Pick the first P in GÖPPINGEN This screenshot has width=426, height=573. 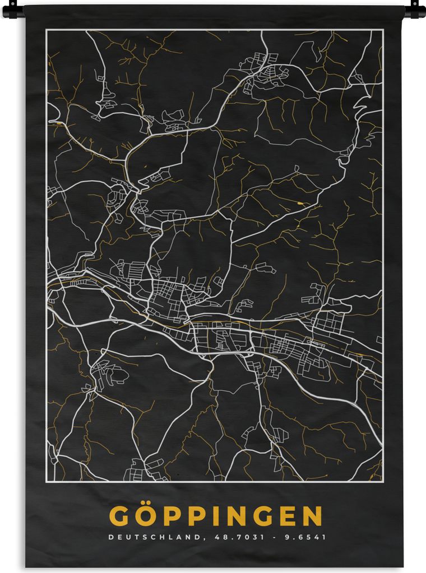point(170,516)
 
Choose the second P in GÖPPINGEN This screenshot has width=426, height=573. point(194,516)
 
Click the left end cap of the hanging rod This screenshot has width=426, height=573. point(12,9)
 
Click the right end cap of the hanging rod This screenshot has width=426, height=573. point(415,9)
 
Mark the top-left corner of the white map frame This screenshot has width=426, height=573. point(47,30)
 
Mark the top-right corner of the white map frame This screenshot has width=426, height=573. point(383,30)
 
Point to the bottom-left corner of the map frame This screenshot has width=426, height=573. point(47,481)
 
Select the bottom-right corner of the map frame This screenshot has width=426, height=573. point(383,481)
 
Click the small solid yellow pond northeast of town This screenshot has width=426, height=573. point(303,203)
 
